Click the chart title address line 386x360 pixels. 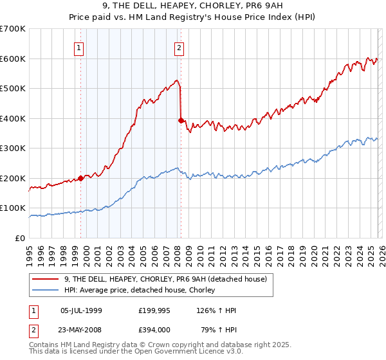[x=192, y=6]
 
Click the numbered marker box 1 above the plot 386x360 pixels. [x=78, y=47]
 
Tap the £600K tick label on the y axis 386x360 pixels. [x=13, y=59]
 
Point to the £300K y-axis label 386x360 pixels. [x=13, y=148]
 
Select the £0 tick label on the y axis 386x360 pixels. [x=21, y=238]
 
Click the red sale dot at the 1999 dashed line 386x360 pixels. [x=80, y=178]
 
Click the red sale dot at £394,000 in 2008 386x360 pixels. [x=181, y=120]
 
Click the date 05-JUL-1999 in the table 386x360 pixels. [x=81, y=310]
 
